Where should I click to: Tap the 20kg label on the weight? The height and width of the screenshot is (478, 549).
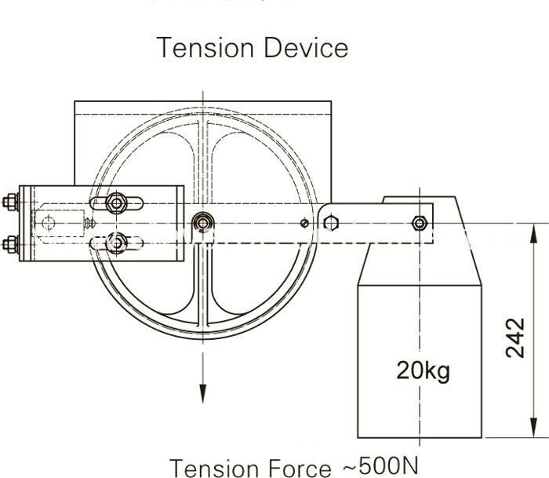tap(423, 369)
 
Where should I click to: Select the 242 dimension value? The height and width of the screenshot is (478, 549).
tap(514, 338)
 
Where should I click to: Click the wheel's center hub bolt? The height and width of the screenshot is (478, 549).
tap(203, 224)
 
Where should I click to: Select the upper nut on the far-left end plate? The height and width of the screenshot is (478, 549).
tap(10, 202)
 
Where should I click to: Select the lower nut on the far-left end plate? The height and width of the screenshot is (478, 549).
tap(10, 244)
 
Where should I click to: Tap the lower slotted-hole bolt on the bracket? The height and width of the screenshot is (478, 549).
tap(116, 243)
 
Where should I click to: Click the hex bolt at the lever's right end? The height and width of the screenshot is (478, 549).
tap(420, 224)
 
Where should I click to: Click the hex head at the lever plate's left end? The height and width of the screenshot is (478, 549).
tap(331, 224)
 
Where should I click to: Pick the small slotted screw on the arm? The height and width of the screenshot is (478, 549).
tap(304, 224)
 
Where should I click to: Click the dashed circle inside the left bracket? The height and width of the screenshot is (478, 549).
tap(49, 224)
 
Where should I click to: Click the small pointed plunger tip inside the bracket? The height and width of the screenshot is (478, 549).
tap(89, 224)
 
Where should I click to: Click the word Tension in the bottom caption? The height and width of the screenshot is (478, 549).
tap(211, 467)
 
